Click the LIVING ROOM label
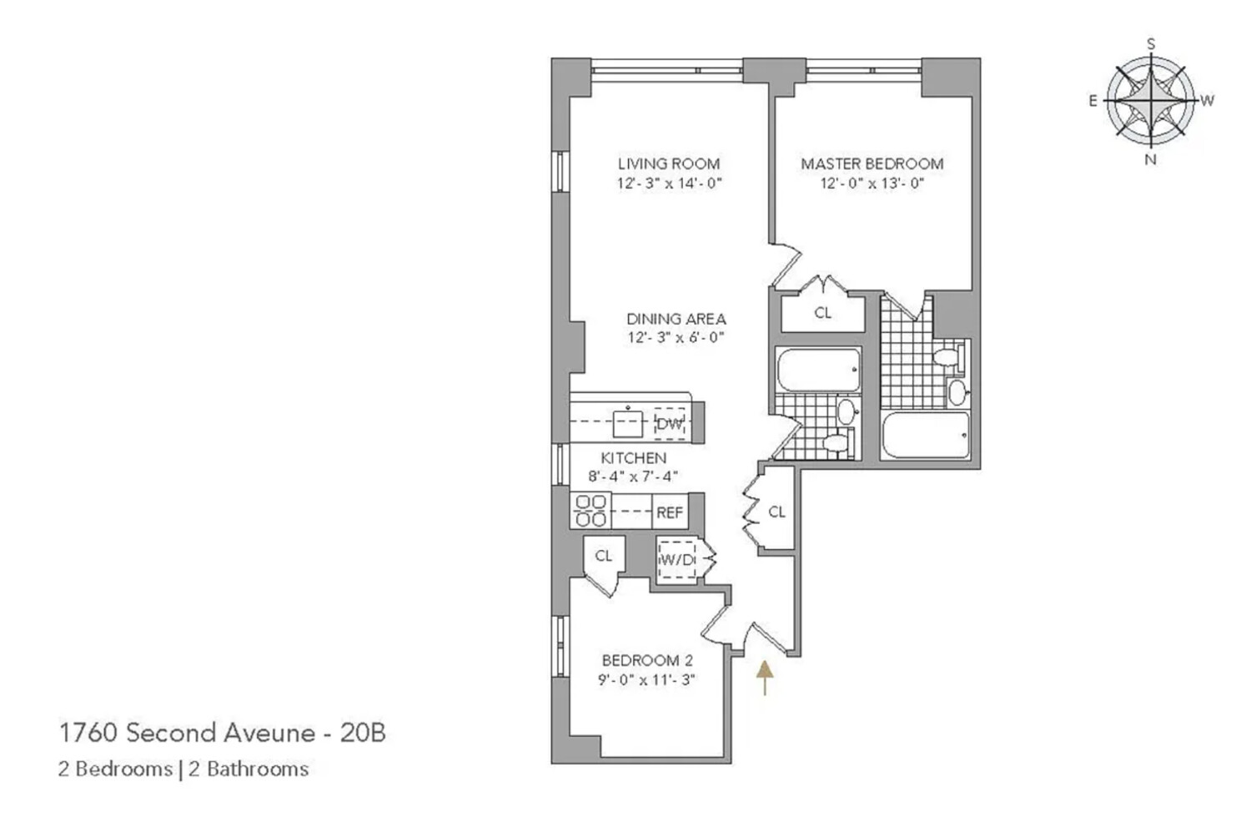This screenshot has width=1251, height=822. (669, 164)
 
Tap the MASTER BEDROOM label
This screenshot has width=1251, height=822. (872, 164)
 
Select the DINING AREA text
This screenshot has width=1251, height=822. (676, 319)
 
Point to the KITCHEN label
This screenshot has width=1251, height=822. (633, 458)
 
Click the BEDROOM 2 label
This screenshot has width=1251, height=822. (647, 660)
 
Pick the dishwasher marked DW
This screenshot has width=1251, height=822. (670, 424)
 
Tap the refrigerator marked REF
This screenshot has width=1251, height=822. (670, 512)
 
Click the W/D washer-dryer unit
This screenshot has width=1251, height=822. (676, 559)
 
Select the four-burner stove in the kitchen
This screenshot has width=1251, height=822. (590, 511)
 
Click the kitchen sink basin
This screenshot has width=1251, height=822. (628, 424)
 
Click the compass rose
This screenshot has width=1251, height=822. (1150, 101)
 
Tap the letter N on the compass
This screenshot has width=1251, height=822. (1150, 160)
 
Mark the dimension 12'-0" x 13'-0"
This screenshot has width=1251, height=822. (872, 184)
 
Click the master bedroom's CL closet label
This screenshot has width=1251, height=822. (822, 313)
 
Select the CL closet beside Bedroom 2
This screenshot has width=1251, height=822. (603, 556)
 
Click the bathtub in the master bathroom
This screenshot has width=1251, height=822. (926, 436)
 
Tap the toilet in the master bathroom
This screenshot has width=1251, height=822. (949, 356)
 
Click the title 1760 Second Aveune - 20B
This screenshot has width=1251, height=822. (223, 733)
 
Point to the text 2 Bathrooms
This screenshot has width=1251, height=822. (249, 769)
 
